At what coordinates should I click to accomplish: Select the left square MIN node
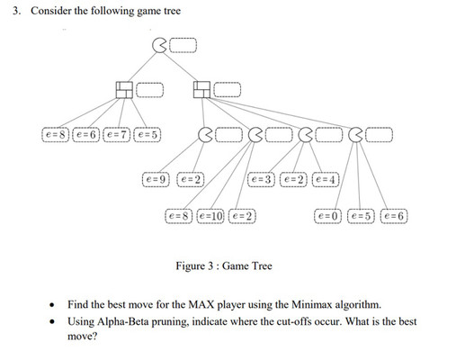pos(125,88)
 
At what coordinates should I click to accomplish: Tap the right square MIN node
pos(201,88)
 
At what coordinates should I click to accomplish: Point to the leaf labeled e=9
pos(157,180)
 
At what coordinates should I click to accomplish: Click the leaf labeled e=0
pos(328,216)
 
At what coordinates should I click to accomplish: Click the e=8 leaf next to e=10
pos(179,216)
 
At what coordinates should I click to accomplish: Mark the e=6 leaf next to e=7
pos(87,134)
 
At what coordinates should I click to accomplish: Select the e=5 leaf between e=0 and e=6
pos(361,216)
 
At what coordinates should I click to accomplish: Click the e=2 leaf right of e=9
pos(191,180)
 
